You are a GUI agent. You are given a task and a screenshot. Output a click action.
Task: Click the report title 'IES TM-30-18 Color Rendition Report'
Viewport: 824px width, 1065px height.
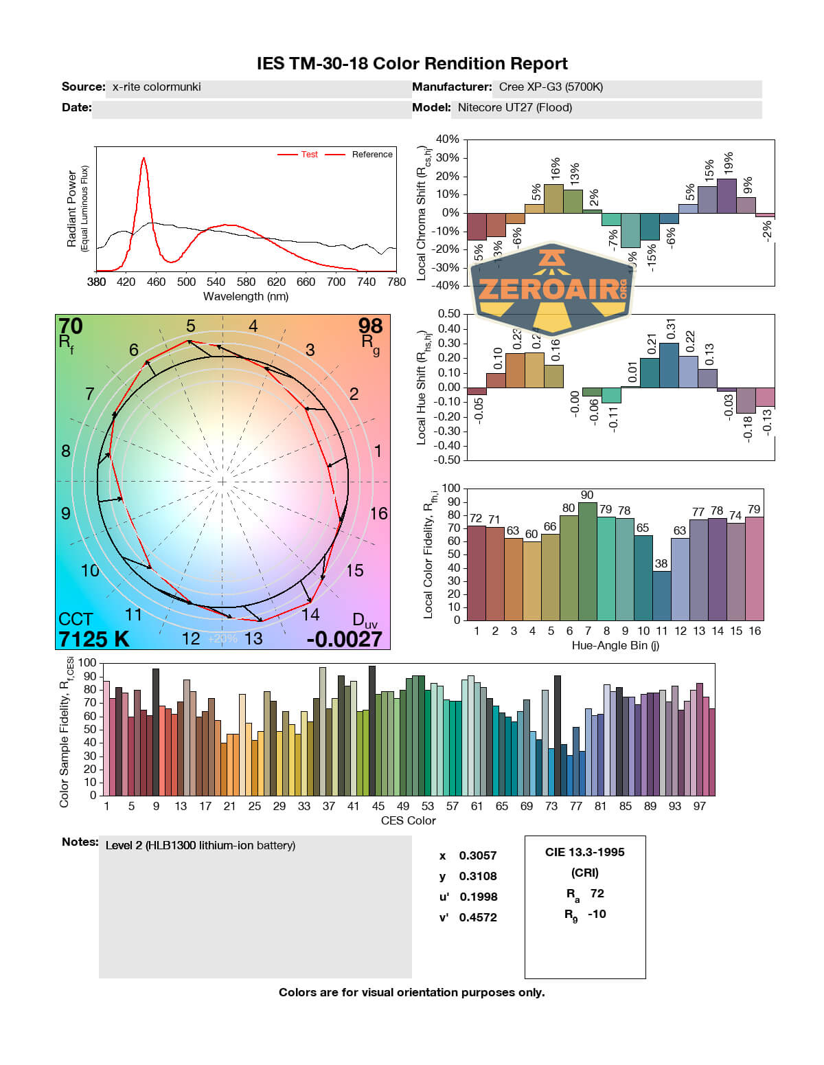[x=412, y=64]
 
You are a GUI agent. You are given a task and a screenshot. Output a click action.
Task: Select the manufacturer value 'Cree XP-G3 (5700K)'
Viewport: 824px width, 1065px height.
[x=551, y=87]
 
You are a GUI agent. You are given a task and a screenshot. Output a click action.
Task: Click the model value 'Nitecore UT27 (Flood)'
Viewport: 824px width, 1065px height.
[x=514, y=108]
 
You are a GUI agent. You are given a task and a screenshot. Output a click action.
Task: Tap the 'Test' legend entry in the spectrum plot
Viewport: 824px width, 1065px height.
[x=309, y=155]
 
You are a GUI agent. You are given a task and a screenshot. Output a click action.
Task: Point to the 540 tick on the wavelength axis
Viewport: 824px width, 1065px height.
[x=216, y=282]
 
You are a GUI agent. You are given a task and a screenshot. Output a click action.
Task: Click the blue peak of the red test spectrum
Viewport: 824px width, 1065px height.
[x=144, y=159]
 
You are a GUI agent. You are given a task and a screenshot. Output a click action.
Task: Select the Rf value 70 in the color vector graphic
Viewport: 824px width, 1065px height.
[x=71, y=326]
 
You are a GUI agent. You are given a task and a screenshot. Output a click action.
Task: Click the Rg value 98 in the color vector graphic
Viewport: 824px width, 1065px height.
[x=370, y=326]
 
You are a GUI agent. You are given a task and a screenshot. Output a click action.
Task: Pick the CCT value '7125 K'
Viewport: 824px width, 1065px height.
[x=93, y=639]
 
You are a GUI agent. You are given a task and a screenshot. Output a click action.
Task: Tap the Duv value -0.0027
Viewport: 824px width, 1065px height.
[x=344, y=639]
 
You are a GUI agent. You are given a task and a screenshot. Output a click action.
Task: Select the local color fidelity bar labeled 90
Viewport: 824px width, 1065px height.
[x=587, y=560]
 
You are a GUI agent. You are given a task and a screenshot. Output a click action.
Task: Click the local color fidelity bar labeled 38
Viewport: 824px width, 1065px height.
[x=661, y=595]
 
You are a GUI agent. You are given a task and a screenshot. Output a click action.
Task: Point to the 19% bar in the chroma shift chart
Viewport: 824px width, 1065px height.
[x=726, y=196]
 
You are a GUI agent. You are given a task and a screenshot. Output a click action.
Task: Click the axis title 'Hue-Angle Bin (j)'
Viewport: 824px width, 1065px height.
[x=615, y=646]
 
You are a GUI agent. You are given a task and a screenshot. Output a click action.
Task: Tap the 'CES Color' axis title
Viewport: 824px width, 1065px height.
[x=408, y=820]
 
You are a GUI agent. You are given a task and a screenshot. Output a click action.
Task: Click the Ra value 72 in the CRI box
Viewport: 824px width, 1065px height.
[x=597, y=893]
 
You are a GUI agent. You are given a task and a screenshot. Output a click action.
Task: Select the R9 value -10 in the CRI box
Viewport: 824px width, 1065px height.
[x=597, y=914]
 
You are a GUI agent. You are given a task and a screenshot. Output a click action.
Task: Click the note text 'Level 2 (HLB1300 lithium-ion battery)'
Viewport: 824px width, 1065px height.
[x=201, y=846]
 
